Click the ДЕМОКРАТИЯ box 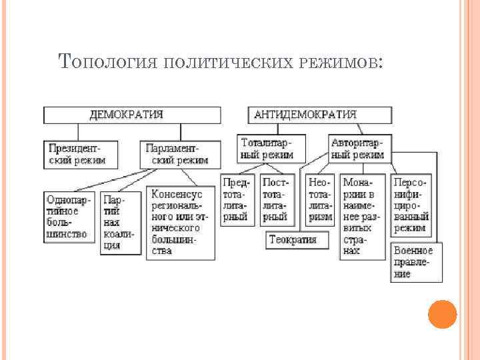pyautogui.click(x=131, y=115)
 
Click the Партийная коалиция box pyautogui.click(x=121, y=223)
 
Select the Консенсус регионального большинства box pyautogui.click(x=181, y=223)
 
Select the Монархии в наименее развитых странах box pyautogui.click(x=364, y=215)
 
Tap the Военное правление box pyautogui.click(x=413, y=261)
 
